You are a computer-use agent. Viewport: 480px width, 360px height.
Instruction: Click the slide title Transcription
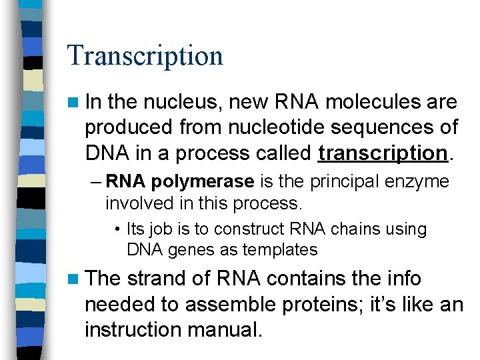click(145, 56)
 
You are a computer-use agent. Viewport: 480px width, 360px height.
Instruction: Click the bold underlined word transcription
click(382, 153)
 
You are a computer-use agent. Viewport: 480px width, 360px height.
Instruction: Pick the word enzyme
click(417, 182)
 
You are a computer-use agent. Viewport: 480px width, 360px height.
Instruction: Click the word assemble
click(223, 305)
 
